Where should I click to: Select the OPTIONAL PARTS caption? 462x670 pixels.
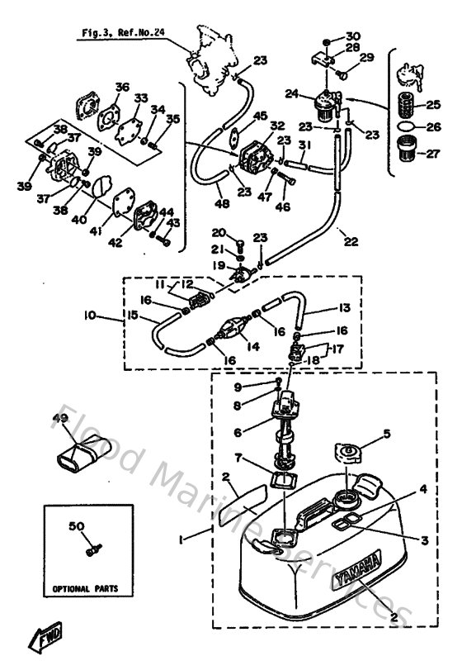tap(86, 589)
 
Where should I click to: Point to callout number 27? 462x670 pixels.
tap(432, 154)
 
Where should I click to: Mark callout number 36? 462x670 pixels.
tap(122, 87)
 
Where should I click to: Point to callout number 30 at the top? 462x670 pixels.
tap(354, 36)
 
